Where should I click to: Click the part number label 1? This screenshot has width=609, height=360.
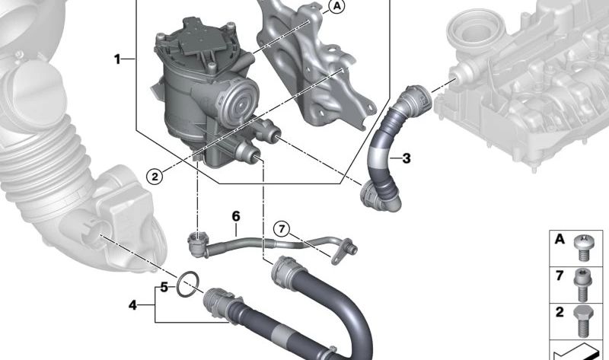point(118,59)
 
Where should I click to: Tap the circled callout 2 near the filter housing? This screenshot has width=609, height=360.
point(155,177)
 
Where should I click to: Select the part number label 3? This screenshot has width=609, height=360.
point(406,158)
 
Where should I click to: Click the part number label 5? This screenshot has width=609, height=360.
point(162,288)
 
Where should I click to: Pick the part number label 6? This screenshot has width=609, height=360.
point(236,217)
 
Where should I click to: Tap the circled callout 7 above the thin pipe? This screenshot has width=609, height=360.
point(281,228)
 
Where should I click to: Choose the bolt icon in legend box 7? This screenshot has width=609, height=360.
point(583,282)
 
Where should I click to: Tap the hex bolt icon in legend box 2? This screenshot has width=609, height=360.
point(583,320)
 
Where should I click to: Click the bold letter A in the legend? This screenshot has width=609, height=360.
point(560,240)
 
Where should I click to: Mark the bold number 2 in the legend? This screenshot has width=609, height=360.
point(560,312)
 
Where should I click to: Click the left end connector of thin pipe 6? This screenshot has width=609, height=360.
point(196,243)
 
